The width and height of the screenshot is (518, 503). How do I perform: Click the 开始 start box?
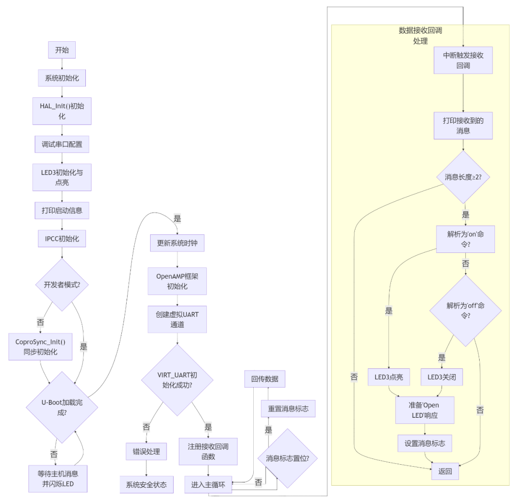(62, 50)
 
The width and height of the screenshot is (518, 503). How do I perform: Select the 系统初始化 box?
(62, 78)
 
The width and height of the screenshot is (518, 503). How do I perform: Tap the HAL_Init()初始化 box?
(62, 111)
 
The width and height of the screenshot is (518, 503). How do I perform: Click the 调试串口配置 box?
(62, 144)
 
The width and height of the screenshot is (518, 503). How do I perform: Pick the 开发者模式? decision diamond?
(62, 285)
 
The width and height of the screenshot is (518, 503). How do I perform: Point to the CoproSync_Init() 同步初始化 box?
(40, 347)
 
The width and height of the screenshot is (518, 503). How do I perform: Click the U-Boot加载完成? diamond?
(62, 407)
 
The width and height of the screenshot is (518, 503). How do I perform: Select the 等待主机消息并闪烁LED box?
(58, 479)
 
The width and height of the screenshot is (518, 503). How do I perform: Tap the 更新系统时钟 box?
(177, 243)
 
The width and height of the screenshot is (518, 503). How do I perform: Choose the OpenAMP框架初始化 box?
(177, 281)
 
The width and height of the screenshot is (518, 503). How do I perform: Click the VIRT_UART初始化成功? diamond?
(177, 380)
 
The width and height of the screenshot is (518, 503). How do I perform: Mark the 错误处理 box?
(146, 451)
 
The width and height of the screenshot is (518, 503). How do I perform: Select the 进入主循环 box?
(208, 484)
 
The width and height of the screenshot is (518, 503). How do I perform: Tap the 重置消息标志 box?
(288, 409)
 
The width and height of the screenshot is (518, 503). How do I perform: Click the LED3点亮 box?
(389, 377)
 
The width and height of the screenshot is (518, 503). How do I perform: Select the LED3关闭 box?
(442, 377)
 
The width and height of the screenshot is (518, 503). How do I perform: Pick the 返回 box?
(445, 471)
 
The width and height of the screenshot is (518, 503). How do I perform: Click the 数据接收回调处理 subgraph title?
(420, 35)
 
